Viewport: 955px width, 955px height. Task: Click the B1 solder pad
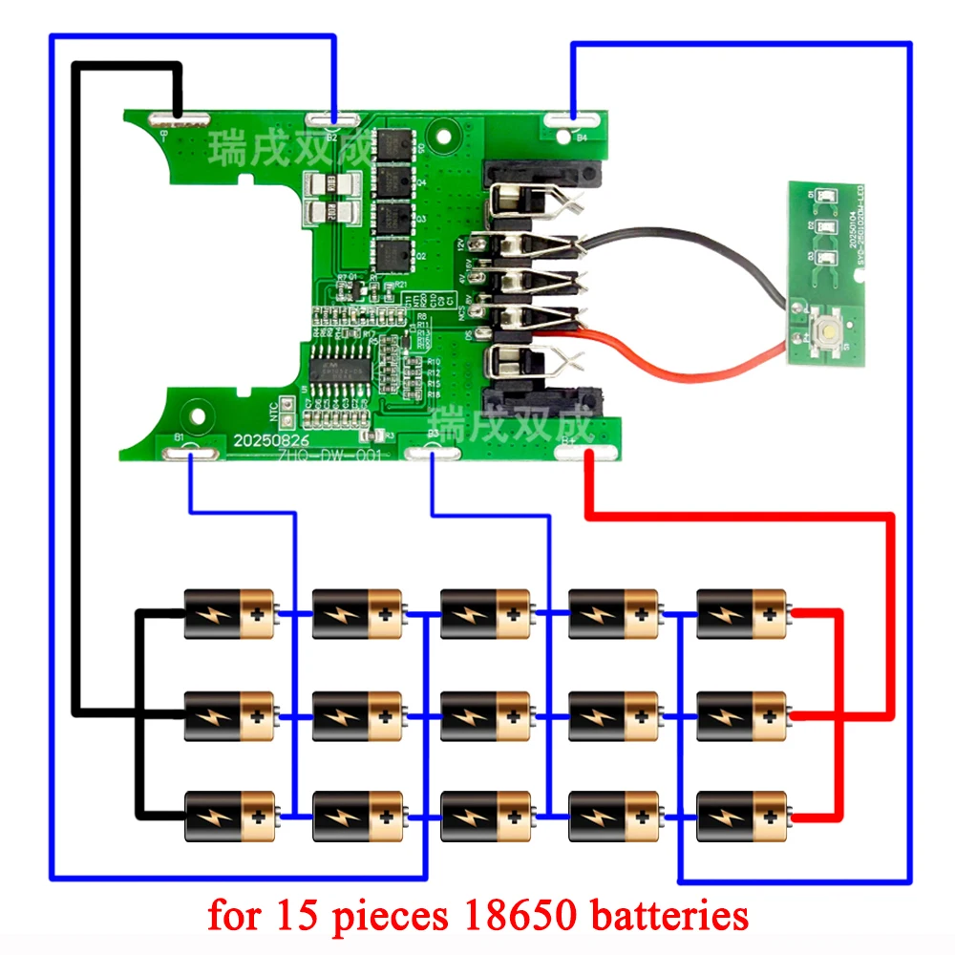(190, 453)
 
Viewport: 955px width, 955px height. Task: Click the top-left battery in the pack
(229, 614)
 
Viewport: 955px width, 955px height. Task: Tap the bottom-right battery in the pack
(742, 815)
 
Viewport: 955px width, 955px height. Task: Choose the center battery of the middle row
(486, 714)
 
